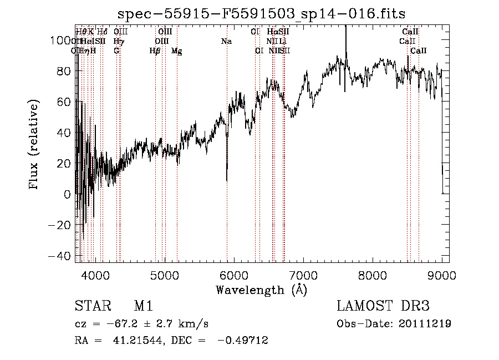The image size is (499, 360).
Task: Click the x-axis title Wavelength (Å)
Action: [261, 290]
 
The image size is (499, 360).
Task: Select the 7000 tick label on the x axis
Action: [303, 275]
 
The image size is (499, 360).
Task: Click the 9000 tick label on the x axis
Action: [442, 275]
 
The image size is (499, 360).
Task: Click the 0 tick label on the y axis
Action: [67, 194]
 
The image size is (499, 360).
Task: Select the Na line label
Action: [226, 42]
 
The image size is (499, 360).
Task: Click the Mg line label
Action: [177, 51]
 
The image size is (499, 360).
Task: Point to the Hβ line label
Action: [155, 51]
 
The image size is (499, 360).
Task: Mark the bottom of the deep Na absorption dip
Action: [226, 180]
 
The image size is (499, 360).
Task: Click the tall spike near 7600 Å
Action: [345, 28]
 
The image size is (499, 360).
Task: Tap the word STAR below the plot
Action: [89, 306]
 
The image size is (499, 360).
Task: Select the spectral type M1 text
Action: [143, 306]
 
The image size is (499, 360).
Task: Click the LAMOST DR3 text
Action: [383, 306]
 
